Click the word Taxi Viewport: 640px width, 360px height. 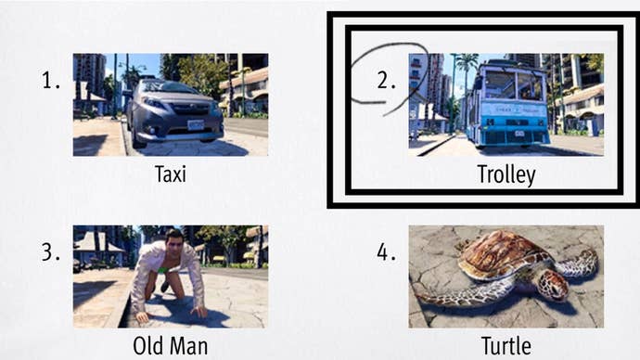pos(170,174)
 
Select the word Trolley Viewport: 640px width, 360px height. pos(506,174)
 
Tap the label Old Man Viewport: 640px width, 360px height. pos(170,346)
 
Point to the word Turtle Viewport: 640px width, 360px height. pos(506,346)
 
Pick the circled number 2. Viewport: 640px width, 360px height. pos(387,81)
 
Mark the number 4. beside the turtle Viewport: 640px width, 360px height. pos(387,253)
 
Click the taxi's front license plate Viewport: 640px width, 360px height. pos(195,124)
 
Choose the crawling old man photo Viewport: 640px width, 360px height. pos(170,276)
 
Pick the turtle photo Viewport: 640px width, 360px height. pos(506,276)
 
